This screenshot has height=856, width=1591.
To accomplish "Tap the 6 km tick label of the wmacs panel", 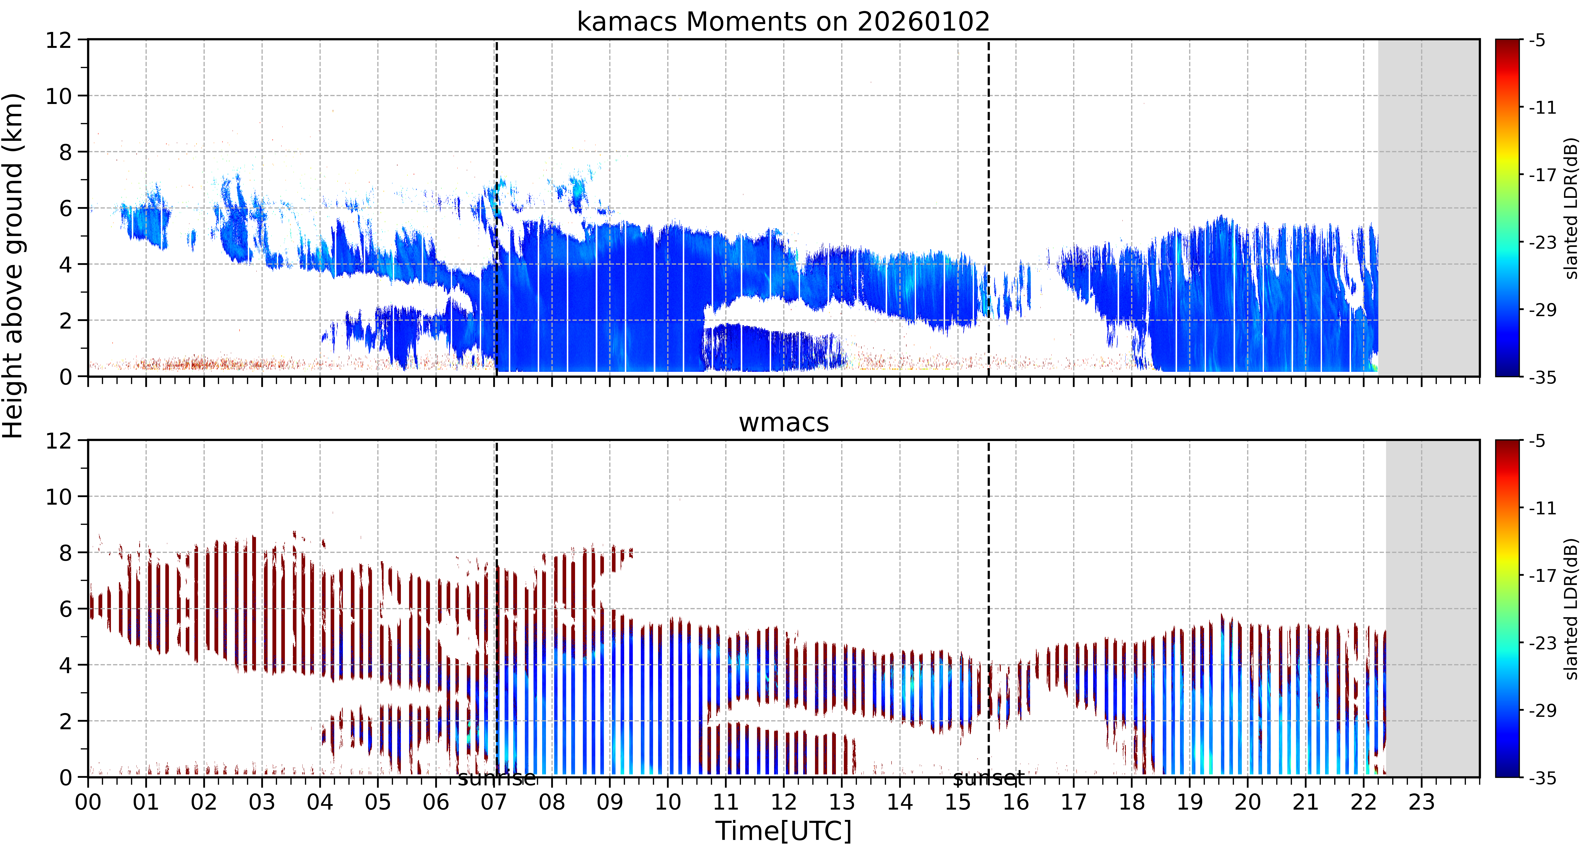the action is [65, 609].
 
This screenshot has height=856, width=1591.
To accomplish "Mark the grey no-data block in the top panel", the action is [1429, 208].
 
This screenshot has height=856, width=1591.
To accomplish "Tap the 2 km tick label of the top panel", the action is [65, 321].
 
